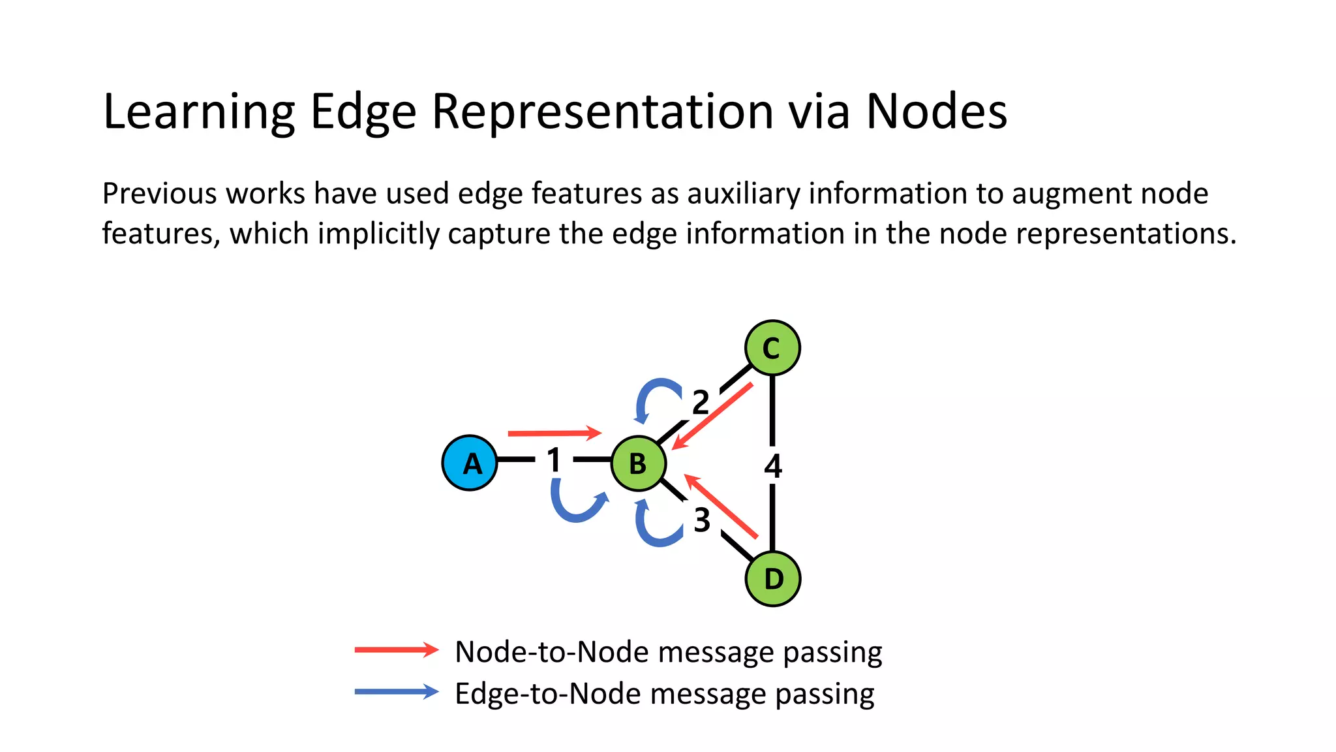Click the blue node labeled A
pos(470,463)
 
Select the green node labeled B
pos(638,463)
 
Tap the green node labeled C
pos(772,348)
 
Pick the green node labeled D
pos(772,578)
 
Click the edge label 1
pos(554,460)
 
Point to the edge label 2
pos(701,402)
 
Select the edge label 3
pos(702,520)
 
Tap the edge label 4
pos(773,466)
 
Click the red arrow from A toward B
pos(554,433)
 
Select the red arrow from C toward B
pos(712,416)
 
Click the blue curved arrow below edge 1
pos(574,506)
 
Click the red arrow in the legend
pos(397,650)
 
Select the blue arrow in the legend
pos(397,692)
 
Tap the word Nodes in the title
pos(936,111)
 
